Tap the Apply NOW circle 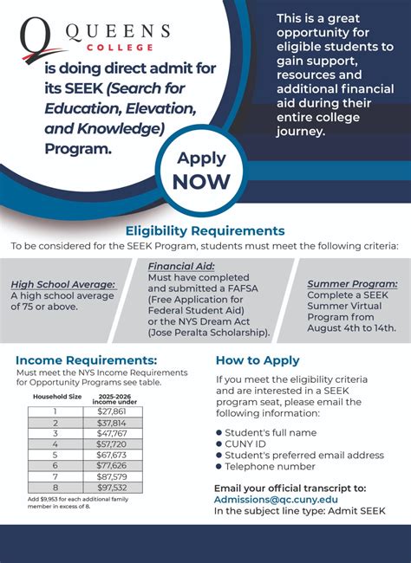coord(201,170)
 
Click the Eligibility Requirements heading coord(205,230)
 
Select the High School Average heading coord(62,284)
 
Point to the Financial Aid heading coord(181,266)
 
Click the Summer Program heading coord(353,284)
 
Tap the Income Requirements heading coord(87,359)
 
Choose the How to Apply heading coord(258,359)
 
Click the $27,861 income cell coord(112,411)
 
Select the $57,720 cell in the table coord(112,443)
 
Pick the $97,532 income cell coord(112,488)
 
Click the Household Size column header coord(56,395)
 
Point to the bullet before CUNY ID coord(219,443)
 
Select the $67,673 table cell coord(112,454)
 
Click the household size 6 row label coord(55,465)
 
